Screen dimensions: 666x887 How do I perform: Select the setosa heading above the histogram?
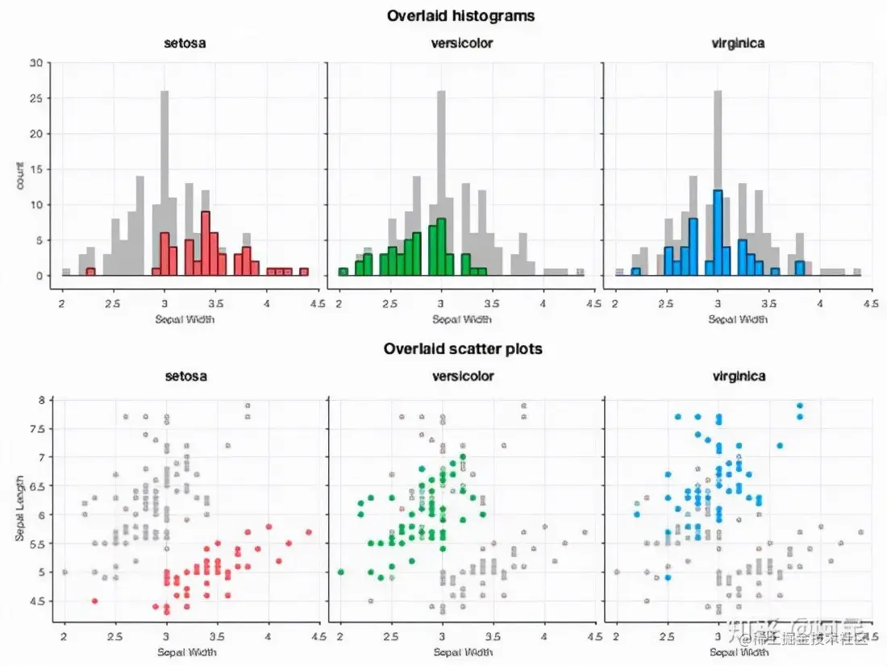[185, 43]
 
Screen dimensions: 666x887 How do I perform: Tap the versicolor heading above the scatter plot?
[463, 376]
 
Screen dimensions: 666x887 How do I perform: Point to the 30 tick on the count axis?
[36, 62]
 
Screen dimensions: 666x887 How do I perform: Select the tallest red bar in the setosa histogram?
[206, 243]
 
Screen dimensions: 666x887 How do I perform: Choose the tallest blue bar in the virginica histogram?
[718, 232]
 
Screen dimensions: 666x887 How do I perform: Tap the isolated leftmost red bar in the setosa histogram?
[90, 272]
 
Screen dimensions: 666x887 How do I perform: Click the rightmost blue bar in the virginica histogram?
[800, 268]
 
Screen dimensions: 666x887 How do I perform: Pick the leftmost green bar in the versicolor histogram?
[343, 272]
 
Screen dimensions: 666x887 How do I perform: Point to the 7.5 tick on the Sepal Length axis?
[36, 428]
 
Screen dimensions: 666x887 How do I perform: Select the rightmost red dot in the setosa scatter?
[309, 532]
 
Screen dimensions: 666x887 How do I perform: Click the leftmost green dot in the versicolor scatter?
[340, 572]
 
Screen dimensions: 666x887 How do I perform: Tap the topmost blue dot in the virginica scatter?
[800, 406]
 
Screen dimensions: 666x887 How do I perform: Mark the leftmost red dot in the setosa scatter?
[95, 601]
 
